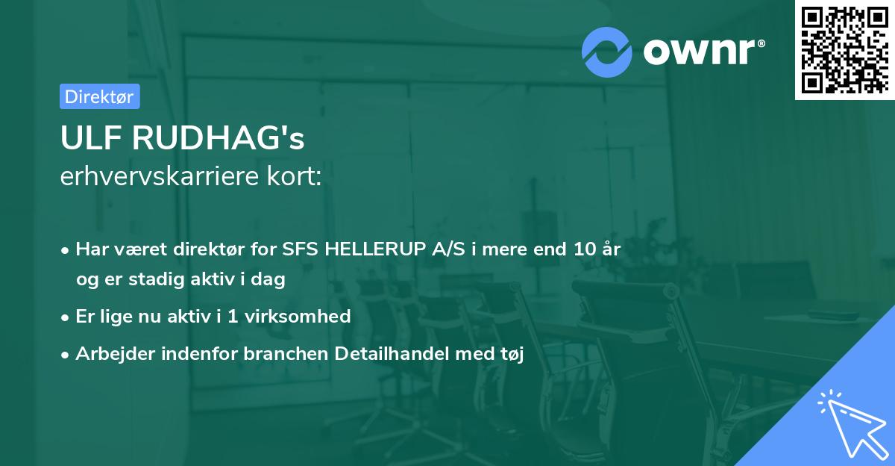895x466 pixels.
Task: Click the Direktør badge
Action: click(x=99, y=96)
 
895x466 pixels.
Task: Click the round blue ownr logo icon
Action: click(x=607, y=52)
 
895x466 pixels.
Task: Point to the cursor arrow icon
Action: click(x=850, y=422)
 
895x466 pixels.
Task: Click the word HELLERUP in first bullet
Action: click(x=377, y=249)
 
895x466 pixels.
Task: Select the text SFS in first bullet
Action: click(x=301, y=249)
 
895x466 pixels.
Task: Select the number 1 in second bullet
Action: click(x=233, y=317)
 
